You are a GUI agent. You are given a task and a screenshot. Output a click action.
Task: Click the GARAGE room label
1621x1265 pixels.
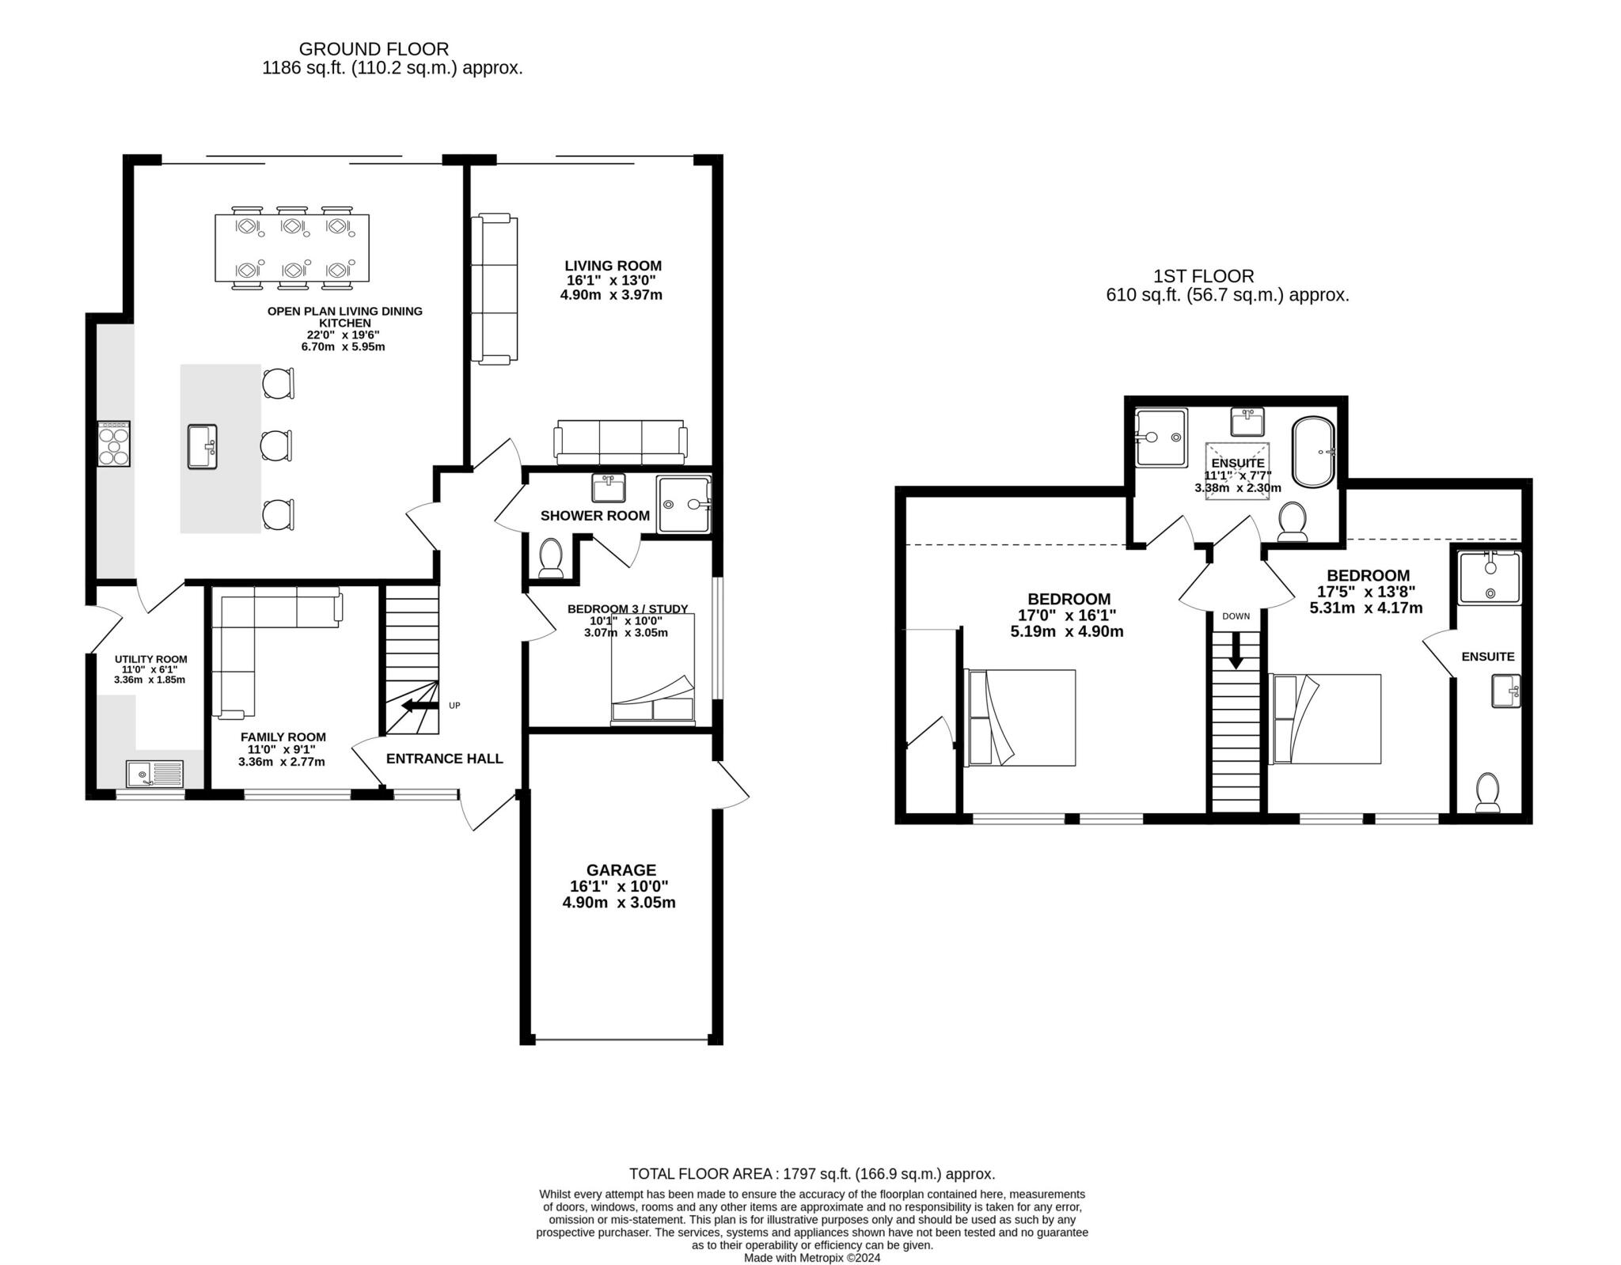[621, 870]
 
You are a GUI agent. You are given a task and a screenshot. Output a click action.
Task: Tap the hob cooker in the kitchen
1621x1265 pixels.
[113, 444]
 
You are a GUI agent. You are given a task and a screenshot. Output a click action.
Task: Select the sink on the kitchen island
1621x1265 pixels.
[203, 446]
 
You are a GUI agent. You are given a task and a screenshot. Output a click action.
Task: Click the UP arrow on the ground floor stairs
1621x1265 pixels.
[419, 706]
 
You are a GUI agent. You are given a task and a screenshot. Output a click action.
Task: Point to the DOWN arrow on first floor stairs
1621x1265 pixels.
[1235, 650]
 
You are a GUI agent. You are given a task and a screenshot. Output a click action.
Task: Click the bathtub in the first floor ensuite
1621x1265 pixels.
[1313, 452]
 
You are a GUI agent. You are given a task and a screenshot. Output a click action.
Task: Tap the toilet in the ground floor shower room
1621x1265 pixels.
[550, 557]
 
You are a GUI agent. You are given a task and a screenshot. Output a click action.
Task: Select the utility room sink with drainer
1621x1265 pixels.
[154, 773]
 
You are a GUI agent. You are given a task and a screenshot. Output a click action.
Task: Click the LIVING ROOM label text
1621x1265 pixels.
[613, 266]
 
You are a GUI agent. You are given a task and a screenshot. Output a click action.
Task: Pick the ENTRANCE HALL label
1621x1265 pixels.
[444, 759]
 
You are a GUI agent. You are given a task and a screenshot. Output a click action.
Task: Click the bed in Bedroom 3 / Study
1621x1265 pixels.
[652, 669]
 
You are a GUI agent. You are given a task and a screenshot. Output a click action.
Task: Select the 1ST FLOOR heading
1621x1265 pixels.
[1203, 276]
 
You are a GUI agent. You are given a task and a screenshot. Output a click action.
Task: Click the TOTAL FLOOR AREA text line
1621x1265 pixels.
[811, 1174]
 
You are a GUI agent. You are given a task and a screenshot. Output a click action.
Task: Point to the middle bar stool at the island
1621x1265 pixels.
[276, 445]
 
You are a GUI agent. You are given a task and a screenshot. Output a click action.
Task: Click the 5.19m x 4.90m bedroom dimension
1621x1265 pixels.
[1066, 631]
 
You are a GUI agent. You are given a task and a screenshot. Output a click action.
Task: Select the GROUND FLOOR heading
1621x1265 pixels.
[374, 49]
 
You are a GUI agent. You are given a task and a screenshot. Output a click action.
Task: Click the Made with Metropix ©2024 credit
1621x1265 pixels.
[811, 1258]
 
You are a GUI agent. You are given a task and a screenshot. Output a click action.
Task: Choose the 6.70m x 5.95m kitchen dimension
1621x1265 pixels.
[343, 347]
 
